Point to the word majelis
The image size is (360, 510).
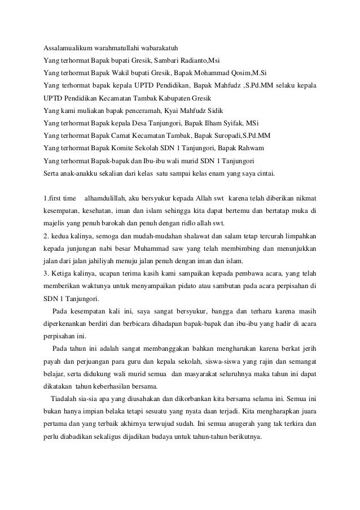pyautogui.click(x=55, y=224)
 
